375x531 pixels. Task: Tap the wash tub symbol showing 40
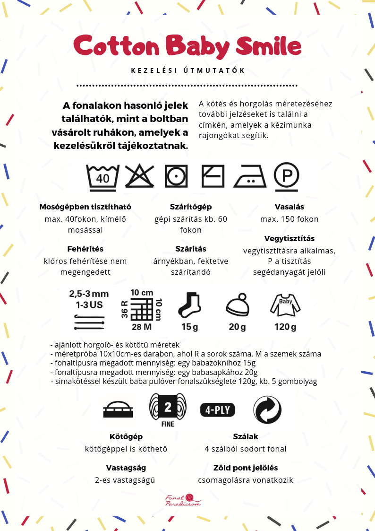pos(102,176)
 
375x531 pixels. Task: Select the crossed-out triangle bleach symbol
pos(140,176)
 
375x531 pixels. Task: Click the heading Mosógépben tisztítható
pos(85,207)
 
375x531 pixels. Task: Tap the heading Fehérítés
pos(85,249)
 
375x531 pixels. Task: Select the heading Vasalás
pos(289,207)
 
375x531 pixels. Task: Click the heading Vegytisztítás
pos(289,238)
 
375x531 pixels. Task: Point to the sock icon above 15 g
pos(190,305)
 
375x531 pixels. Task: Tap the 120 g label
pos(285,327)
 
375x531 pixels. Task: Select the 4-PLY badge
pos(217,409)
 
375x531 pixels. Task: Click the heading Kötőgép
pos(126,436)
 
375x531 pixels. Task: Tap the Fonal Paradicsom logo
pos(183,500)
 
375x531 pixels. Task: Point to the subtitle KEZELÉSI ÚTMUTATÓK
pos(187,70)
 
